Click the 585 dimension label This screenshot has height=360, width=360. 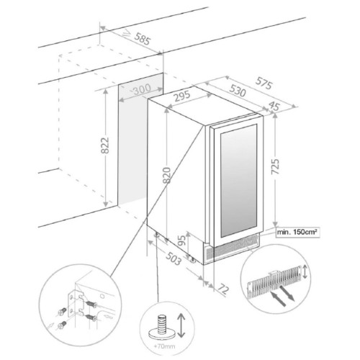coord(143,39)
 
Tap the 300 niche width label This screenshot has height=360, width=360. coord(142,89)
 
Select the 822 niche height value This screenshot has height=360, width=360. coord(105,145)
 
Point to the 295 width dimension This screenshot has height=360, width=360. coord(182,96)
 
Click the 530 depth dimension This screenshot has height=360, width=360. coord(238,91)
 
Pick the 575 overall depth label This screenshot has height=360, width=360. coord(264,83)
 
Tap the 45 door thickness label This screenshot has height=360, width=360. coord(274,106)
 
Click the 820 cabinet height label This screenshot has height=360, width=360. coord(166,175)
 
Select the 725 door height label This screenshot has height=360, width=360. coord(275,166)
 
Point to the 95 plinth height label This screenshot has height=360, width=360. coord(182,240)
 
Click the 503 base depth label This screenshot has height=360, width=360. coord(174,258)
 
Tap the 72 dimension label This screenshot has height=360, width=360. coord(223,289)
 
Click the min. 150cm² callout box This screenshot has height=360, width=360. coord(297,233)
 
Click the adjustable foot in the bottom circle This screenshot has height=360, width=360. coord(161,328)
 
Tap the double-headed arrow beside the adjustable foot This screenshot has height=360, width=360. coord(181,325)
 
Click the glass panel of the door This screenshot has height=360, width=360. coord(238,181)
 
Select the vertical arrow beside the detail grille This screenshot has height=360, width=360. coord(305,271)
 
